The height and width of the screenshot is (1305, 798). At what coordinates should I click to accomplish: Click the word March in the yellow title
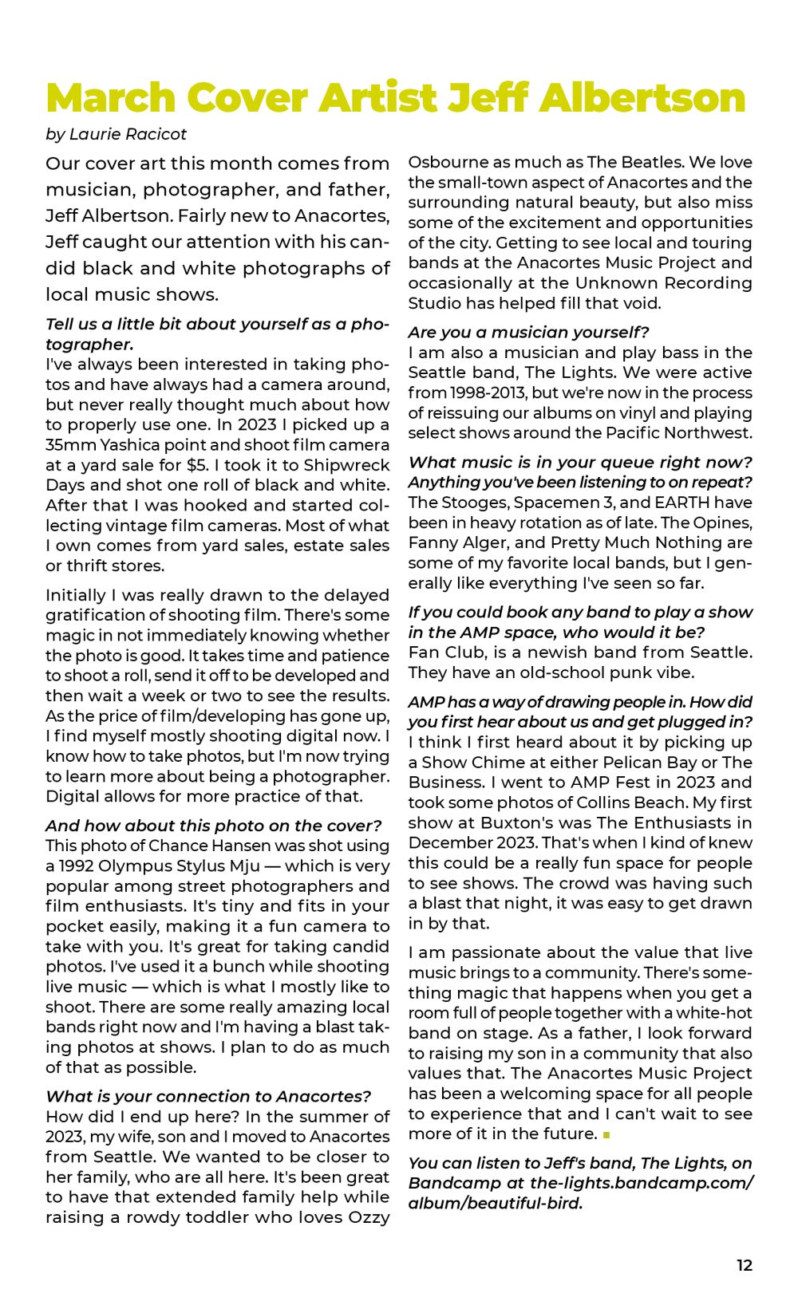111,98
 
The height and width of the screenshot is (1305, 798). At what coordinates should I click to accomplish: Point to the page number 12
744,1265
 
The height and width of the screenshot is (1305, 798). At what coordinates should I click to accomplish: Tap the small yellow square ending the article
606,1134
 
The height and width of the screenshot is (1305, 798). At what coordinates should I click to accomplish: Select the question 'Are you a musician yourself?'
528,332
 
